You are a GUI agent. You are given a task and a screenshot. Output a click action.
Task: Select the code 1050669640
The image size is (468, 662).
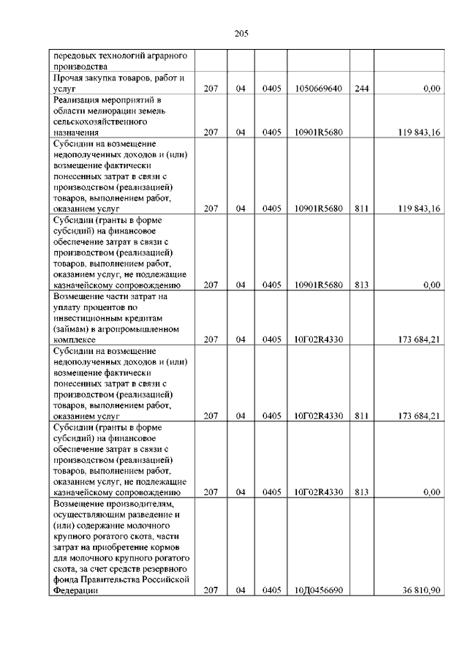click(318, 89)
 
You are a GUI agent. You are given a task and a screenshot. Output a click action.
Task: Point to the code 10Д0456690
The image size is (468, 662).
click(318, 591)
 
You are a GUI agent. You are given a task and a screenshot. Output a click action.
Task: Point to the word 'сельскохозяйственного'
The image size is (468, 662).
click(99, 121)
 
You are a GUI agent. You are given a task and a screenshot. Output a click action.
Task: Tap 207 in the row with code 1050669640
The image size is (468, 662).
click(211, 89)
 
